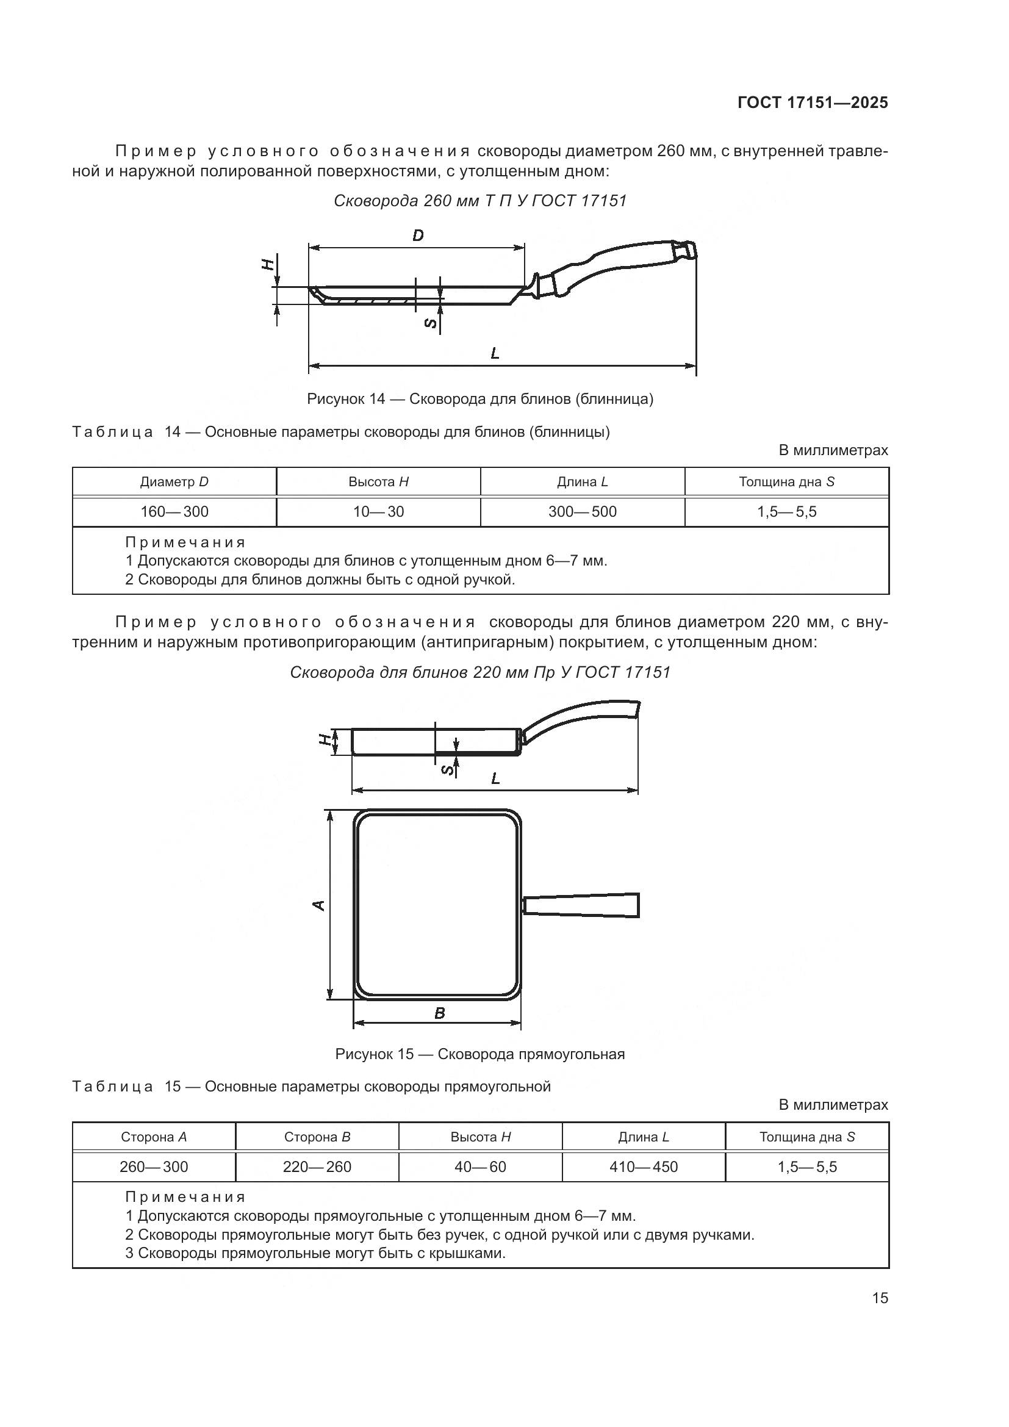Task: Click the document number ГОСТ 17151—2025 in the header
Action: click(x=813, y=103)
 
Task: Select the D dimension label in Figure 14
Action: click(x=418, y=235)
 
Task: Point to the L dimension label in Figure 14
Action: click(x=495, y=354)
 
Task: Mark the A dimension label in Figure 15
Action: click(x=318, y=905)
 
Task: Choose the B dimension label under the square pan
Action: click(x=439, y=1014)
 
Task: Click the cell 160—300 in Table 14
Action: click(x=174, y=512)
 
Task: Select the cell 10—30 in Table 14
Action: click(x=378, y=512)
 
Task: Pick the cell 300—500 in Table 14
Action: click(x=582, y=512)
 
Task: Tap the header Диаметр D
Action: click(x=174, y=482)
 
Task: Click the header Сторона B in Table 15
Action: click(x=317, y=1137)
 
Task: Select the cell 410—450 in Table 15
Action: click(x=643, y=1167)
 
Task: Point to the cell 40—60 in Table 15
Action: click(x=480, y=1167)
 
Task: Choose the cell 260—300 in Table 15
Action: click(x=154, y=1167)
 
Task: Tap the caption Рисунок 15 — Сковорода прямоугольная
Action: click(x=479, y=1054)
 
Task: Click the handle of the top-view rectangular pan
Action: click(x=581, y=905)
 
